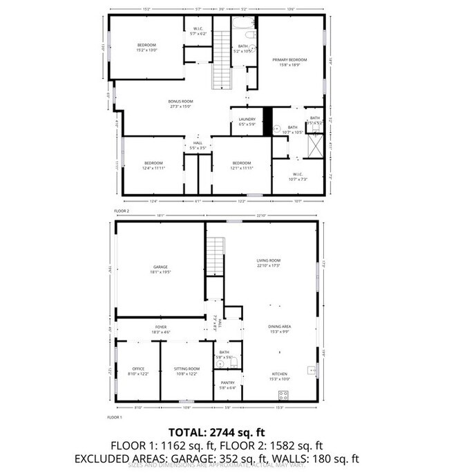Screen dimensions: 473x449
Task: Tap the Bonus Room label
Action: pyautogui.click(x=179, y=104)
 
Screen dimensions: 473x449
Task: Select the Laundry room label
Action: pyautogui.click(x=247, y=122)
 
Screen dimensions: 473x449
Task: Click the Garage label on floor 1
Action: pyautogui.click(x=160, y=269)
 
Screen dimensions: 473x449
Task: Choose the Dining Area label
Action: pyautogui.click(x=279, y=329)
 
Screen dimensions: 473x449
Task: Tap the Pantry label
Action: pyautogui.click(x=228, y=385)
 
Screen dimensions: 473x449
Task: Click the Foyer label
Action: pyautogui.click(x=160, y=329)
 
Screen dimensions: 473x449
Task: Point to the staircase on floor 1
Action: pyautogui.click(x=216, y=256)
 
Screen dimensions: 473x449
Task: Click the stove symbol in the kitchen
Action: pyautogui.click(x=283, y=394)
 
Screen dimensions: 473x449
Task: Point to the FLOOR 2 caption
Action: pyautogui.click(x=122, y=211)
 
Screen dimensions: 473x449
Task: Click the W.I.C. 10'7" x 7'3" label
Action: pyautogui.click(x=298, y=177)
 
